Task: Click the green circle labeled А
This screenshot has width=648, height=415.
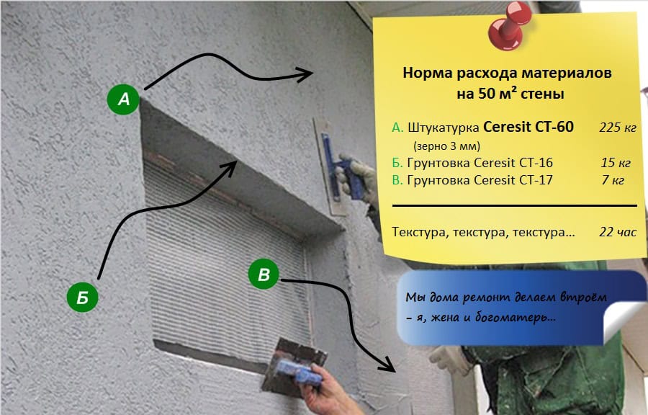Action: pyautogui.click(x=124, y=99)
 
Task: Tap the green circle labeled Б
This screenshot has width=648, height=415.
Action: pyautogui.click(x=83, y=297)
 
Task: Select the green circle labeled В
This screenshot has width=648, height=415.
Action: pyautogui.click(x=264, y=275)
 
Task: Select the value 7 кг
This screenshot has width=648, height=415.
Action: pyautogui.click(x=614, y=180)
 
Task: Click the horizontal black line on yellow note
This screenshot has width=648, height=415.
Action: pyautogui.click(x=514, y=206)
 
